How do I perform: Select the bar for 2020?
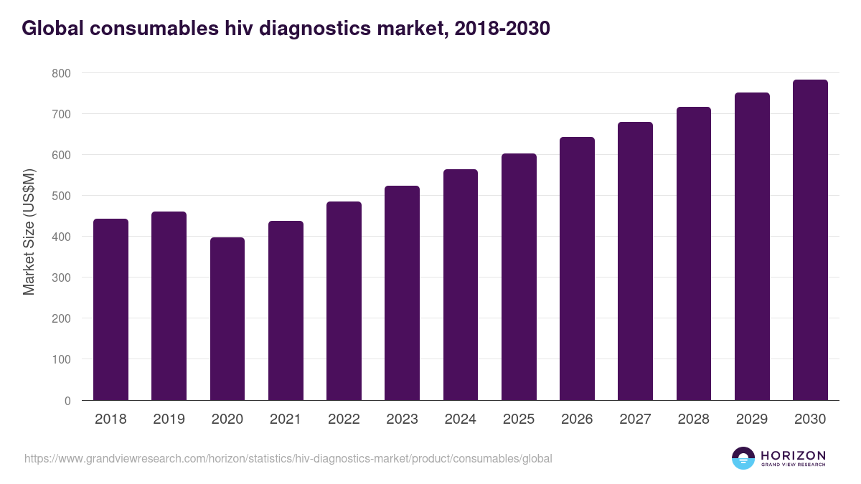pos(227,319)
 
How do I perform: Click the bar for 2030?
pos(810,240)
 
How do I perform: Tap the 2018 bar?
pos(110,310)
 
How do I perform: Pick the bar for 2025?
pos(519,277)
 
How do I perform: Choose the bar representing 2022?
pos(344,301)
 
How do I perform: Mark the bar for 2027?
pos(635,261)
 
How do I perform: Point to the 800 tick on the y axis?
pos(61,73)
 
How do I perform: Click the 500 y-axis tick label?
pos(61,196)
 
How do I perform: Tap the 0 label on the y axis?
pos(67,401)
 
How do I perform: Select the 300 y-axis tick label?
pos(61,277)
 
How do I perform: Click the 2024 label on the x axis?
pos(460,419)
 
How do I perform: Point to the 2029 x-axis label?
pos(751,419)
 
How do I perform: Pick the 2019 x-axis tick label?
pos(169,419)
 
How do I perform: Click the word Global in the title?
pos(50,28)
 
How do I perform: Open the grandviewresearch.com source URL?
pos(288,458)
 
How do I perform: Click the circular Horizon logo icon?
pos(743,458)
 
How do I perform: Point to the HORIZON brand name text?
pos(793,455)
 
